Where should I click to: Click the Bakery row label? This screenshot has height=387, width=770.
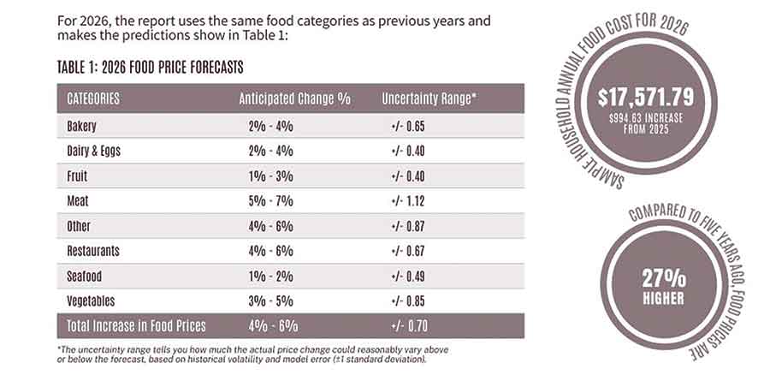click(82, 127)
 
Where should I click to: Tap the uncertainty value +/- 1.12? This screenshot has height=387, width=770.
click(407, 201)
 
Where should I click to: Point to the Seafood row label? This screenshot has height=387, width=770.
click(85, 276)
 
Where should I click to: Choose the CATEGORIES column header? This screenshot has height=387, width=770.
click(93, 98)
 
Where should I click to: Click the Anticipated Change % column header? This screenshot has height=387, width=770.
click(294, 98)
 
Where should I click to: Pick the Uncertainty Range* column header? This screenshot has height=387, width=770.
click(429, 98)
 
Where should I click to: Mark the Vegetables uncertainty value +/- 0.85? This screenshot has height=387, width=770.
click(407, 301)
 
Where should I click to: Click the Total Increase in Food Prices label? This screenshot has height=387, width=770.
click(137, 325)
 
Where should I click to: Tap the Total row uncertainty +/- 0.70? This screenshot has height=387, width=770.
click(407, 325)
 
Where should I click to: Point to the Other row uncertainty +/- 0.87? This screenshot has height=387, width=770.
click(407, 226)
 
